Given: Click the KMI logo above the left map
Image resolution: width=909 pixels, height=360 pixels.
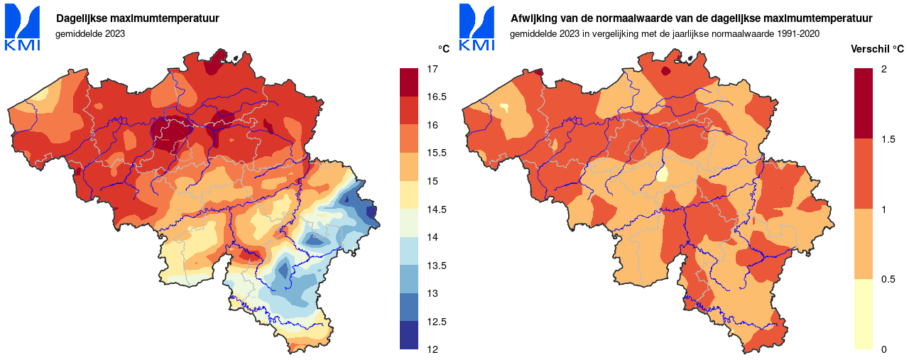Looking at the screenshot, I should point(23,27).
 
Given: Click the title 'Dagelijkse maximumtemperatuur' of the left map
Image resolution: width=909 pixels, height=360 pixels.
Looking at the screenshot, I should point(138,18).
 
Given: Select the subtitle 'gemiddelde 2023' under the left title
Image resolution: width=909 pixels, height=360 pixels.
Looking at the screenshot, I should point(90,33).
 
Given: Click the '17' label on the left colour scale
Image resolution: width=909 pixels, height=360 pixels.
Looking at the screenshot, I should point(432,69).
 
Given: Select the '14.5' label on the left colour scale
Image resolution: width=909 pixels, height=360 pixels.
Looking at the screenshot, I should point(436,209).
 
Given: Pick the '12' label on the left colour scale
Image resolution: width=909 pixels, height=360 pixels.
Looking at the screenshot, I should point(432,349).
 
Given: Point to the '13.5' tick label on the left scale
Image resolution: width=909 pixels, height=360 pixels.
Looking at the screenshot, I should point(436,266).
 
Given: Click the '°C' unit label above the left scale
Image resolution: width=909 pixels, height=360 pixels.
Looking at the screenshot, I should point(443,49).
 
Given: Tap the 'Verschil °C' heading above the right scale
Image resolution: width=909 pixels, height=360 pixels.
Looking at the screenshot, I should point(878,49).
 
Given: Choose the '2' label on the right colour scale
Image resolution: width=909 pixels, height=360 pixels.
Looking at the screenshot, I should point(883,69).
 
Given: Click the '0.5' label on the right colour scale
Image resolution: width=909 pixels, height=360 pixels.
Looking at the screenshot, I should point(888,279).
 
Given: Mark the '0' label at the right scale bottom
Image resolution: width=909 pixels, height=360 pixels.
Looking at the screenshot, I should point(883,349).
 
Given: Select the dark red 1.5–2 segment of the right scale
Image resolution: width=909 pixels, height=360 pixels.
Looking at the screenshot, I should point(864,103).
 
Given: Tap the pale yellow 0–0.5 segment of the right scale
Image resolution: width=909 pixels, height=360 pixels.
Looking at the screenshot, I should point(864,314).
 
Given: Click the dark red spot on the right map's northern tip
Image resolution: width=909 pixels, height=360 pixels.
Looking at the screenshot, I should point(665,71).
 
